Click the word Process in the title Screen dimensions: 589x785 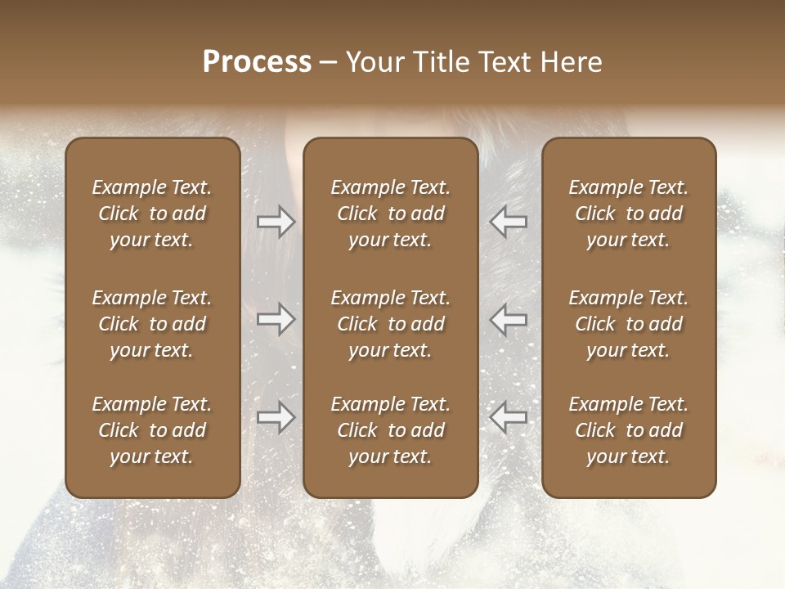tap(257, 62)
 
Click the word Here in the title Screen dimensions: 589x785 tap(572, 62)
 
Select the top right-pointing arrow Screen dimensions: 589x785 tap(276, 222)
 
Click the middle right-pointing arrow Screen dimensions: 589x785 tap(276, 319)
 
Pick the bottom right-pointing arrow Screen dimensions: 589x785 tap(276, 417)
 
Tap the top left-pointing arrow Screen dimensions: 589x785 tap(509, 222)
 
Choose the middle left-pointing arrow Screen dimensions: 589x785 tap(509, 319)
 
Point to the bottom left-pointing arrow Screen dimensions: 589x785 tap(509, 417)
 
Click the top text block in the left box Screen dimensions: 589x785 tap(152, 214)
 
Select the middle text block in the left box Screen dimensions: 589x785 tap(152, 324)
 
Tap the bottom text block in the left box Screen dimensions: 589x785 tap(152, 430)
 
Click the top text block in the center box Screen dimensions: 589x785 tap(391, 214)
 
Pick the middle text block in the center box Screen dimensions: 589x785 tap(391, 324)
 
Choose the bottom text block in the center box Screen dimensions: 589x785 tap(391, 430)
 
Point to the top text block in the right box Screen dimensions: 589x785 tap(629, 214)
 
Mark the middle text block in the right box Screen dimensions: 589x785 tap(629, 324)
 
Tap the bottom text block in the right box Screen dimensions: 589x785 tap(629, 430)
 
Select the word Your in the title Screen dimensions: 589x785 tap(372, 62)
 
